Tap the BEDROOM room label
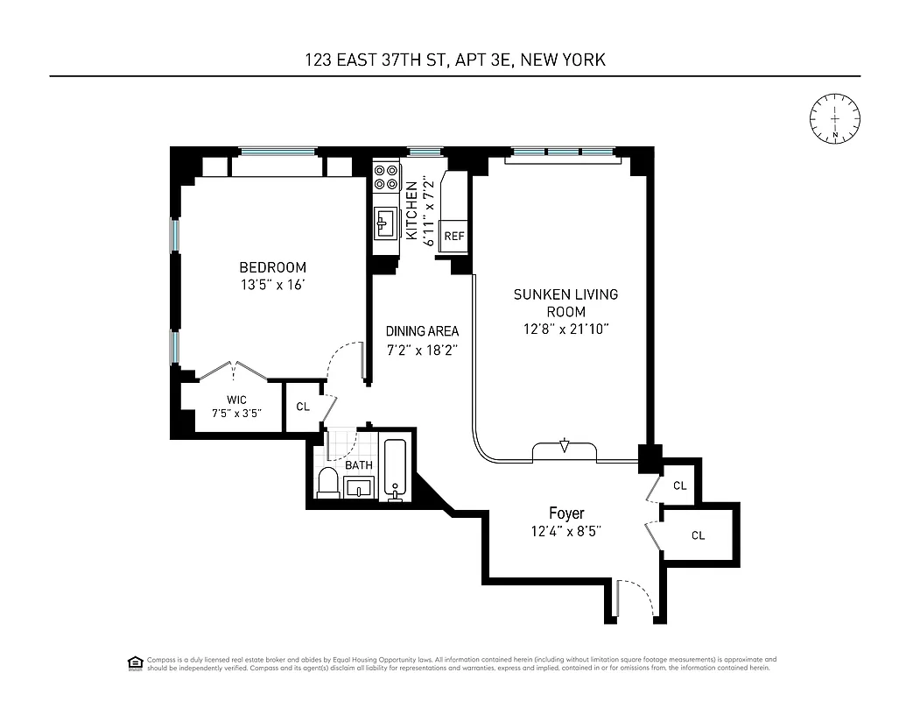pos(273,267)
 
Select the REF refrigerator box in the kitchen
pos(454,236)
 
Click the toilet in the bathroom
pos(327,483)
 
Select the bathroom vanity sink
pos(359,486)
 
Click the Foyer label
pos(566,513)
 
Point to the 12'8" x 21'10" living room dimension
pos(565,329)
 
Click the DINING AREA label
pos(422,331)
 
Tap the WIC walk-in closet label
pos(236,400)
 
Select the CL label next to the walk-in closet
pos(303,407)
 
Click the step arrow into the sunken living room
pos(565,447)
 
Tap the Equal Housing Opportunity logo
pos(135,662)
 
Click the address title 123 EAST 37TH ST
pos(454,60)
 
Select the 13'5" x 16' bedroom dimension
pos(273,285)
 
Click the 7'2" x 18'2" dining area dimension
pos(422,350)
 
